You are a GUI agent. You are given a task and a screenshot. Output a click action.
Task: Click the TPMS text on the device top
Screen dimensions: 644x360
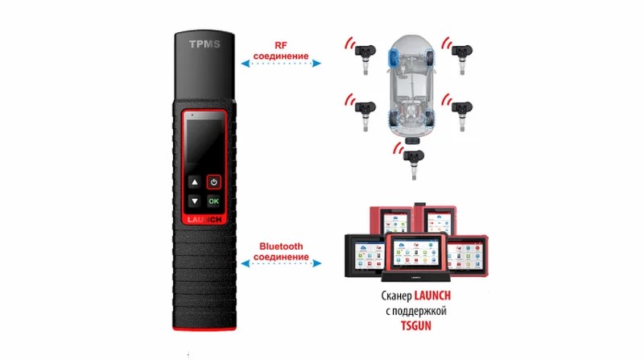[x=204, y=44]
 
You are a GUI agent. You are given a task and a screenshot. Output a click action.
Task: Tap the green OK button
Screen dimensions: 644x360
[x=213, y=201]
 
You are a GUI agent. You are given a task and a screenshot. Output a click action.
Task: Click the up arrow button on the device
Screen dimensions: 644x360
[x=195, y=182]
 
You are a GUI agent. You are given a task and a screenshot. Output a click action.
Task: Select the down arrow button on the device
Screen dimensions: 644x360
[x=195, y=201]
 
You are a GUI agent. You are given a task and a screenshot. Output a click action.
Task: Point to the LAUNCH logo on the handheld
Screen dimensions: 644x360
[x=204, y=219]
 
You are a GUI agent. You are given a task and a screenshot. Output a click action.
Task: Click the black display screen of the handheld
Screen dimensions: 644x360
[x=204, y=142]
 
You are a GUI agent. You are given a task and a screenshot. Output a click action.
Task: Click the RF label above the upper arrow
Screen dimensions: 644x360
[x=281, y=46]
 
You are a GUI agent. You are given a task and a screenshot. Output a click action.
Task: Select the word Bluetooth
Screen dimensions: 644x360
[x=281, y=246]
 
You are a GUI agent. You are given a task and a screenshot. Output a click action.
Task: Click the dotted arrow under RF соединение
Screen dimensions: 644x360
[x=281, y=64]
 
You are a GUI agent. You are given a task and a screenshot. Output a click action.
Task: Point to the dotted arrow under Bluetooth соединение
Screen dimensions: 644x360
[x=281, y=263]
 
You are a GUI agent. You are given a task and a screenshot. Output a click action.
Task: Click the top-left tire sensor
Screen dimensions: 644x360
[x=365, y=57]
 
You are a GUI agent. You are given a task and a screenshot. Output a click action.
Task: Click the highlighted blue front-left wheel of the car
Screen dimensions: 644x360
[x=394, y=57]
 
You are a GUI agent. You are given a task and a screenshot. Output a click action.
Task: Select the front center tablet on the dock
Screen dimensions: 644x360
[x=415, y=254]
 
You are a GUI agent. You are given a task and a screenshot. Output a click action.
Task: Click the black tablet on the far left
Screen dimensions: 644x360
[x=365, y=255]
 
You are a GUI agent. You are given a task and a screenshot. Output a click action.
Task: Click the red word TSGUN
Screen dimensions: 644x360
[x=416, y=326]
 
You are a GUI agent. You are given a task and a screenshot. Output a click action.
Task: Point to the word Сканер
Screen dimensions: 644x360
[x=396, y=296]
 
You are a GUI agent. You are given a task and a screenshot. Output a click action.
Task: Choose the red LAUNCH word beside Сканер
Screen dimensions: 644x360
[x=432, y=296]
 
